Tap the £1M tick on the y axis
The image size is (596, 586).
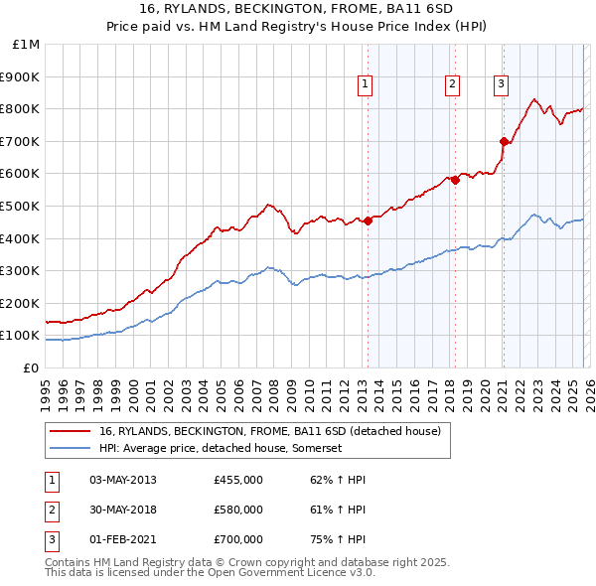[x=27, y=45]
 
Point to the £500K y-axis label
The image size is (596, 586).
[x=22, y=207]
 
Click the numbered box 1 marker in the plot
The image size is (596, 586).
[x=366, y=85]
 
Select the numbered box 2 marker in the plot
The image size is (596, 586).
[x=452, y=85]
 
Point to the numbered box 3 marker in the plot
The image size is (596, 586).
[x=501, y=85]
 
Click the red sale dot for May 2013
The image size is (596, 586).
[x=368, y=220]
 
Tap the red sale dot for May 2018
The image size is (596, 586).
[x=456, y=180]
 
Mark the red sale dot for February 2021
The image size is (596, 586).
[x=504, y=141]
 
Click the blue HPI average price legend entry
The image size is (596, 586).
[x=220, y=449]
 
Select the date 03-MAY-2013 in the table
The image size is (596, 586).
[x=123, y=480]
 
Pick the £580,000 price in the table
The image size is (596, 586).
[x=238, y=510]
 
